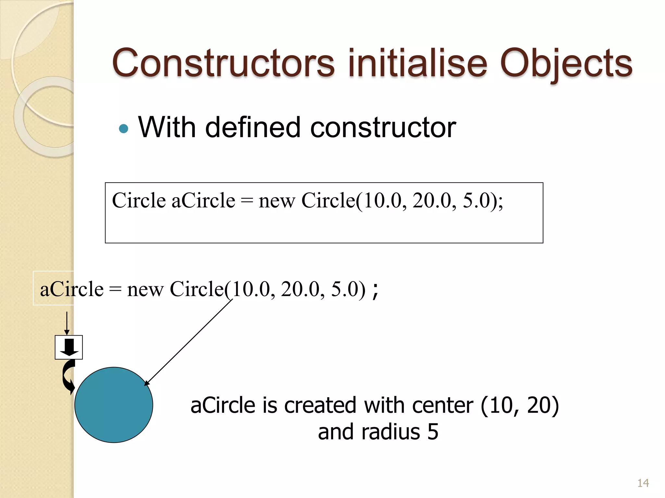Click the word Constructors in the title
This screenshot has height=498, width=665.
coord(223,63)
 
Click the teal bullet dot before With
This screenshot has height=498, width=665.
coord(124,129)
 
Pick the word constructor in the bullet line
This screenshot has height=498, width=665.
coord(383,127)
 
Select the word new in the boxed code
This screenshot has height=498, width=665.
coord(277,201)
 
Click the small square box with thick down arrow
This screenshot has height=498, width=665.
coord(69,347)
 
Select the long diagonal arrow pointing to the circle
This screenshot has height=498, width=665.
coord(188,342)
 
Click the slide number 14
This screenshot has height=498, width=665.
coord(643,483)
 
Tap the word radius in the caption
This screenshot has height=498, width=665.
coord(391,432)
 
